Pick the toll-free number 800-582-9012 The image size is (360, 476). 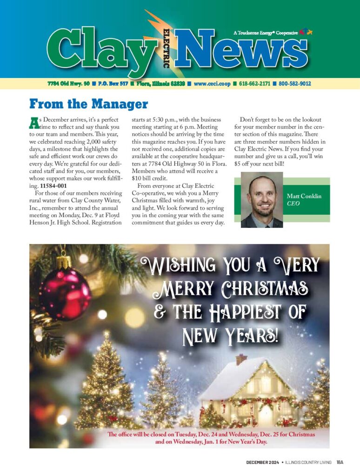[x=294, y=84]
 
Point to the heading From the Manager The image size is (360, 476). [x=88, y=104]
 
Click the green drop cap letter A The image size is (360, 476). [x=33, y=123]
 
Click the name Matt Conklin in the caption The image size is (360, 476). [x=304, y=196]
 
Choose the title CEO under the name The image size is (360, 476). [x=293, y=204]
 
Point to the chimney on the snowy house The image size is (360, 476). [x=241, y=359]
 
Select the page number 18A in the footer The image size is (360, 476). [x=340, y=462]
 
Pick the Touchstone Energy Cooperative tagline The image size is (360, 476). [x=265, y=33]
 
